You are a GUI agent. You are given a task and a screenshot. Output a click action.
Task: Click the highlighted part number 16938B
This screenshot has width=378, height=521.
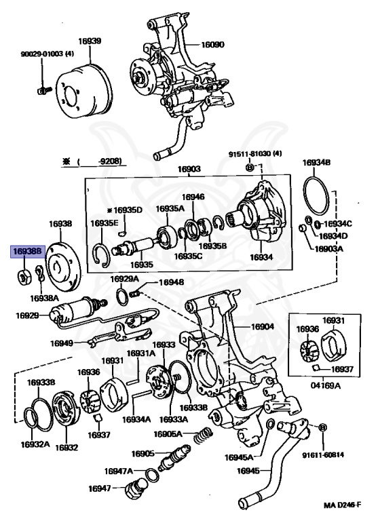28,252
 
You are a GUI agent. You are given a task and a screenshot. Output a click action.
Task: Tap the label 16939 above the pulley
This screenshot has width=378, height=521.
90,41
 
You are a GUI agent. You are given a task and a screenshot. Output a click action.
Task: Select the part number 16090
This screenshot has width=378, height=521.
213,45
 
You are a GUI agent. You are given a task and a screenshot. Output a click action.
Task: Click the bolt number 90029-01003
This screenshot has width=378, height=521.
43,54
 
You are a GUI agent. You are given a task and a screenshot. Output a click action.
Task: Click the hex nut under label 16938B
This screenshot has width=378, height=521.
24,277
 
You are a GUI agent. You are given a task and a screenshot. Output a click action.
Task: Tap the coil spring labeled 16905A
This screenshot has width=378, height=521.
203,436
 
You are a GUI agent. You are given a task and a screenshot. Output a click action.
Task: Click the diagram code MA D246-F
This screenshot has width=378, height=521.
342,505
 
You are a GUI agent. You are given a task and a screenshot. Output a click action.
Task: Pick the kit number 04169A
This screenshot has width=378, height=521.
326,385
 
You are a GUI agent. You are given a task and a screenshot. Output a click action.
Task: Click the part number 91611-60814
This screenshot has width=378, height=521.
323,455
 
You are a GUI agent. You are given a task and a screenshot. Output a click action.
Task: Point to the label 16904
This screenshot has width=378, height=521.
263,326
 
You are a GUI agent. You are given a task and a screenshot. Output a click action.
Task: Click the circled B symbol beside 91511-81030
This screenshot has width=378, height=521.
250,167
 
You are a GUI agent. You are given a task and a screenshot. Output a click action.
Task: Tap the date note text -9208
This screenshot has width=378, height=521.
110,161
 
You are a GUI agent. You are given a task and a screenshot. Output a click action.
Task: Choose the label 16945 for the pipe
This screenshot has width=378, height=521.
248,471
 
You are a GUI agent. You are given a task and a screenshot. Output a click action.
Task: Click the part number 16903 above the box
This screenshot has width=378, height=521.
189,169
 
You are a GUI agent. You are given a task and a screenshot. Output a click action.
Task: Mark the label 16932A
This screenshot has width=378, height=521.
35,444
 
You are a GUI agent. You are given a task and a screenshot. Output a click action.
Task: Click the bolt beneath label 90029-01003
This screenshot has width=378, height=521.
43,90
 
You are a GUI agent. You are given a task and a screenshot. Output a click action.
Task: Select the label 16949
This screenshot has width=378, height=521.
62,343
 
